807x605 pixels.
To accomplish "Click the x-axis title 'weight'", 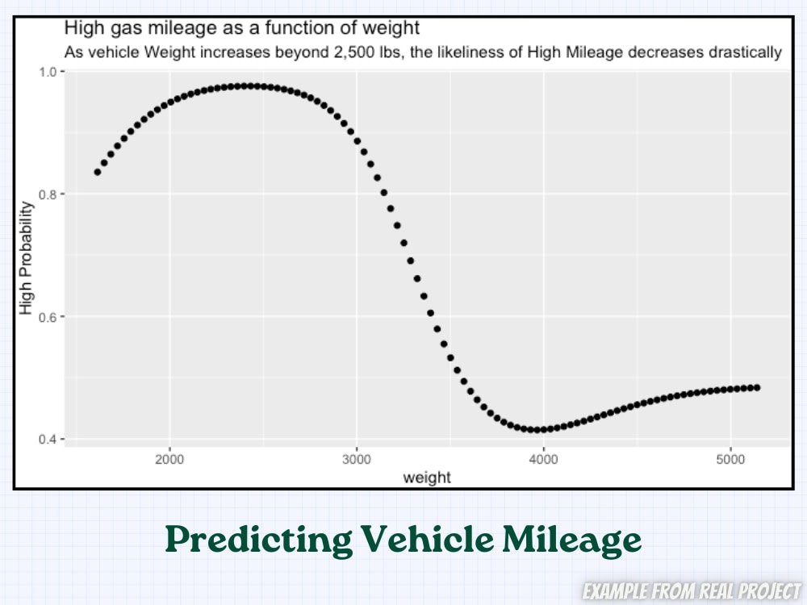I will click(x=427, y=478).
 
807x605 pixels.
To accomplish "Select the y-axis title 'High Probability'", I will click(x=27, y=258).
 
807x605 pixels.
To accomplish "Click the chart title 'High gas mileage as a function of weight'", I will click(x=241, y=28).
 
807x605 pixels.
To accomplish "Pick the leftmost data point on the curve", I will click(x=98, y=172).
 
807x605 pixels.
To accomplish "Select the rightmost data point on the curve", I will click(x=757, y=388).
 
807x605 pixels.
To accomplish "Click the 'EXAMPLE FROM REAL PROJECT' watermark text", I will click(x=692, y=591).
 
